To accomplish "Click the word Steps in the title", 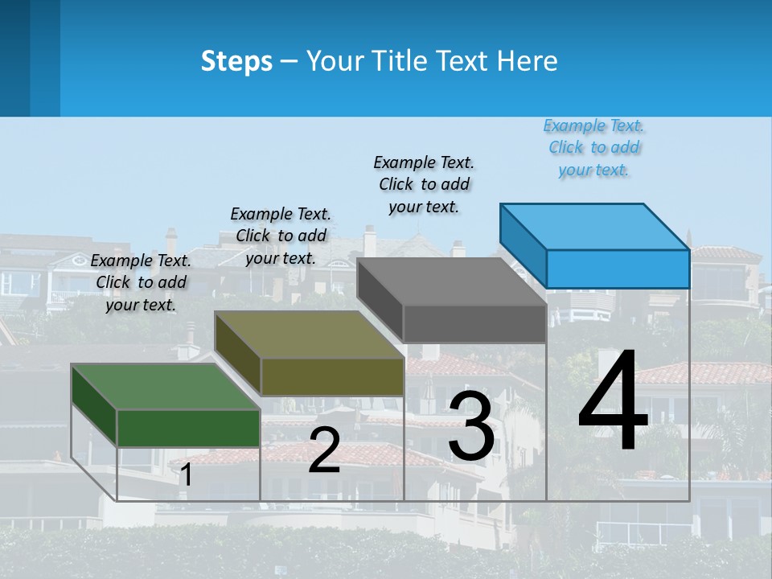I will click(x=236, y=61).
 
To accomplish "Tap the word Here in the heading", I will click(x=527, y=61).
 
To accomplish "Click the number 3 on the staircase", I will click(x=471, y=426).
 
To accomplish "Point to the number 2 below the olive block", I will click(x=324, y=450).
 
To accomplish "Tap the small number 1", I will click(x=187, y=475).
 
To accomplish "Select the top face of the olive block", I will click(x=308, y=335).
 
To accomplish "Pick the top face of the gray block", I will click(x=451, y=282).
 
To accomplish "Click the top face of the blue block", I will click(x=594, y=227).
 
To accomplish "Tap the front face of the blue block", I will click(x=618, y=269).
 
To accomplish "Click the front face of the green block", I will click(x=188, y=428).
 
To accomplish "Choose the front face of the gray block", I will click(x=474, y=324).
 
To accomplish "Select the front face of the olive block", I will click(x=332, y=376).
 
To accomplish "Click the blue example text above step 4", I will click(x=593, y=148).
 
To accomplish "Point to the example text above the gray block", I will click(x=424, y=184).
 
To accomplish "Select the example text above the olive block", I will click(x=281, y=236).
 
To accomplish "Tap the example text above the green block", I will click(x=141, y=282).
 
